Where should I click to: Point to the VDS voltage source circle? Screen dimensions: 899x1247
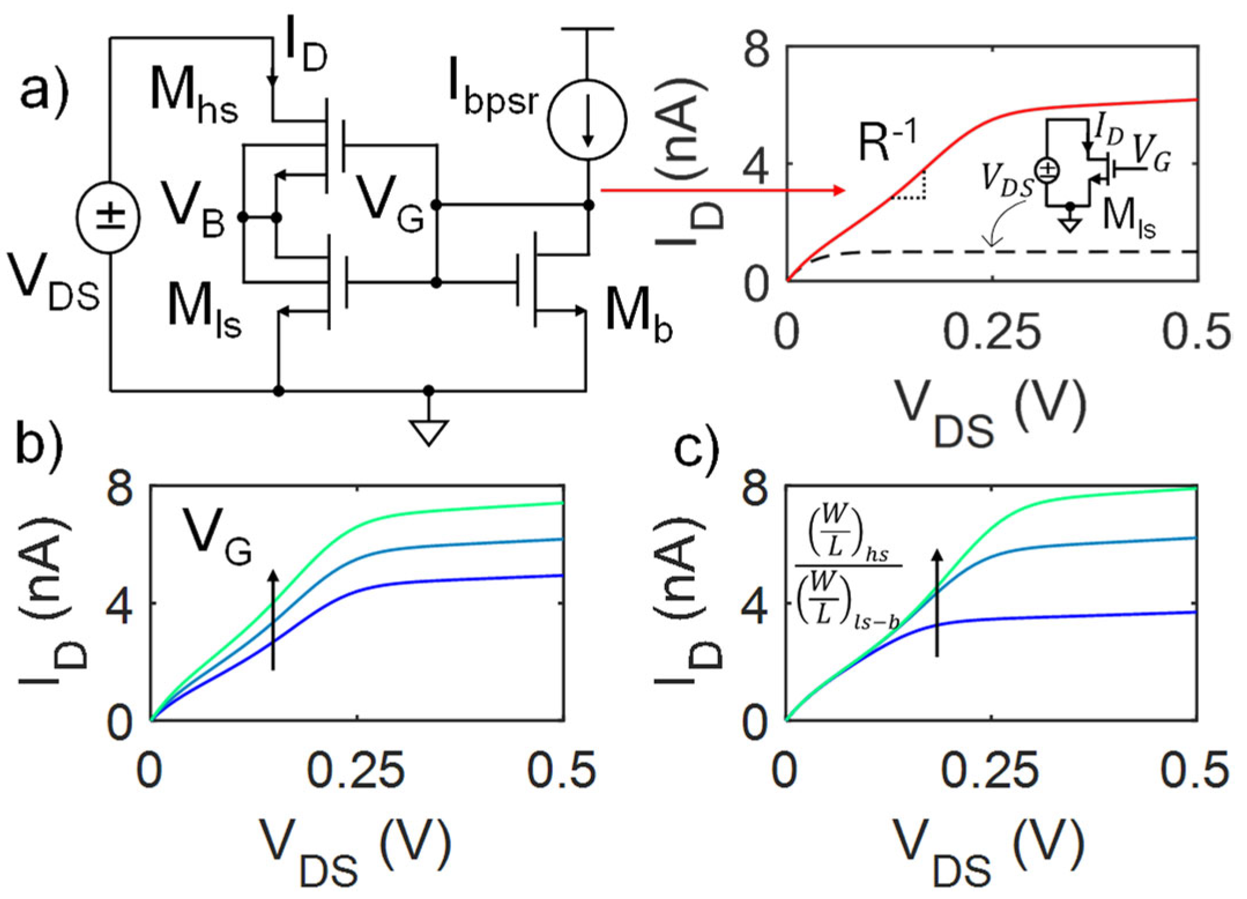[x=108, y=217]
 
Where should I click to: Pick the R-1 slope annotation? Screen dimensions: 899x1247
[x=887, y=142]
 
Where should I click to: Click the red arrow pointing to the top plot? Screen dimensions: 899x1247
[x=722, y=190]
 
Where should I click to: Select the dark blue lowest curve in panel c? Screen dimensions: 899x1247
[x=1069, y=616]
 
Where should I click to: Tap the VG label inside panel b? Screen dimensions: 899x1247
[x=217, y=537]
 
